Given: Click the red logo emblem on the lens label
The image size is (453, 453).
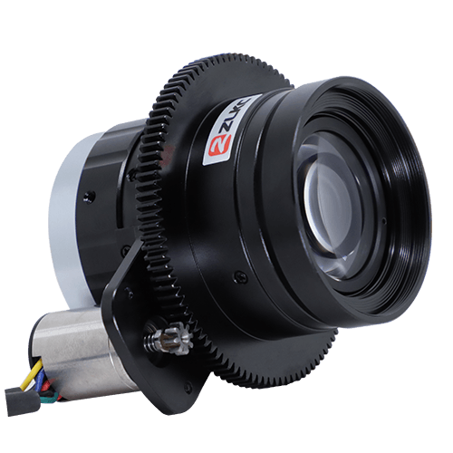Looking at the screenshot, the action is pyautogui.click(x=220, y=145).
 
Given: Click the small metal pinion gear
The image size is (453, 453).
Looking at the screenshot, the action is pyautogui.click(x=177, y=337).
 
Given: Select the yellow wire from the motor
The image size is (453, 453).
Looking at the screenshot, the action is pyautogui.click(x=33, y=374).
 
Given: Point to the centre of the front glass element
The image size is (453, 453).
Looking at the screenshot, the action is pyautogui.click(x=333, y=208).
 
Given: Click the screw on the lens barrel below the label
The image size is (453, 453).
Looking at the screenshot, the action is pyautogui.click(x=238, y=275).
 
